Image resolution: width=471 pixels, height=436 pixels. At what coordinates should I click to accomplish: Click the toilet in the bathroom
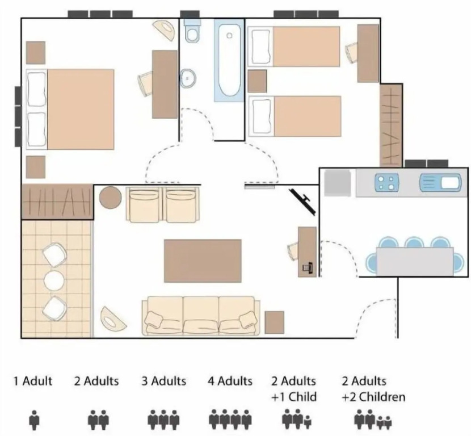(x=192, y=31)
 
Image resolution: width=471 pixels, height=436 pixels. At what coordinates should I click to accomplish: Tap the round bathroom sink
(x=188, y=78)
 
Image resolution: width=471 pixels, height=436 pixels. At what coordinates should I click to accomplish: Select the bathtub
(x=229, y=60)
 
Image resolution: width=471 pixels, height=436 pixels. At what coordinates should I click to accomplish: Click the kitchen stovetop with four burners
(x=386, y=183)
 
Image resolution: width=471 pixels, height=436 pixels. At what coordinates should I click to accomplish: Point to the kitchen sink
(x=440, y=182)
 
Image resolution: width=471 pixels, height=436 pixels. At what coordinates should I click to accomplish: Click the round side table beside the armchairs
(x=110, y=198)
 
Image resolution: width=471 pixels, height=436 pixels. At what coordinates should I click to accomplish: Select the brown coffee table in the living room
(x=203, y=261)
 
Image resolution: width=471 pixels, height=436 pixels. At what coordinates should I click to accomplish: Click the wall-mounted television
(x=302, y=202)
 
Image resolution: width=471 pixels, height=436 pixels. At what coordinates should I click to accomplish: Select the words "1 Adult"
(x=33, y=381)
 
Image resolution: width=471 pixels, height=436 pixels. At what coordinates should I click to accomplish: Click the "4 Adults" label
(x=230, y=381)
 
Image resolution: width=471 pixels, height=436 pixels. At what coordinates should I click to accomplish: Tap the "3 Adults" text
(x=163, y=381)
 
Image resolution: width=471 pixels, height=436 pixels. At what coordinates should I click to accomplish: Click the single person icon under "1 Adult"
(x=34, y=420)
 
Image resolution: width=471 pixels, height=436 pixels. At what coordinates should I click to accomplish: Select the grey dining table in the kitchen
(x=415, y=261)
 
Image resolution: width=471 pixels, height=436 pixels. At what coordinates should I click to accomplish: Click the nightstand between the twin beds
(x=257, y=81)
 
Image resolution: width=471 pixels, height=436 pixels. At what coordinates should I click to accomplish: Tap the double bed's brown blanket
(x=81, y=109)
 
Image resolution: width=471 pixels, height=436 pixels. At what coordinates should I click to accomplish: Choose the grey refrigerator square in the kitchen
(x=338, y=183)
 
